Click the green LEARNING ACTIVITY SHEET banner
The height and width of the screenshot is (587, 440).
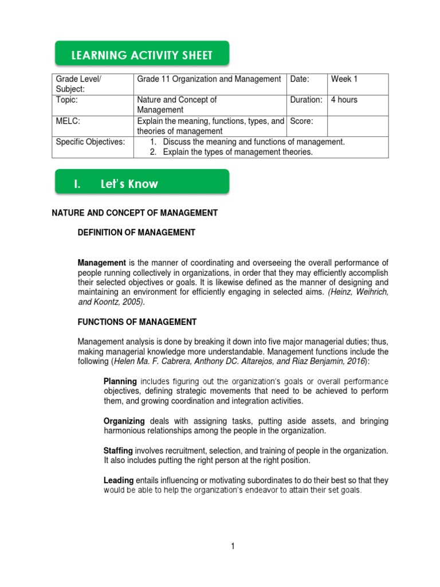(142, 55)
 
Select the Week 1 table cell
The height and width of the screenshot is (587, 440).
(344, 79)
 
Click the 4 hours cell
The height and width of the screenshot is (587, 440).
(344, 100)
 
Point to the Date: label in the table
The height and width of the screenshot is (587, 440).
(300, 79)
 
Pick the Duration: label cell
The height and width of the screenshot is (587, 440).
(306, 100)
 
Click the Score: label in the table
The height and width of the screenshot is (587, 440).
(302, 121)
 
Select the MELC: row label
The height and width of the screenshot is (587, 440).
(67, 121)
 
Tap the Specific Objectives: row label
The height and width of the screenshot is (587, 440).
(90, 142)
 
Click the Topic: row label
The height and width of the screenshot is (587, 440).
(66, 100)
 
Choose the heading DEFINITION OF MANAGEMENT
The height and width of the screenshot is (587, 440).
(136, 232)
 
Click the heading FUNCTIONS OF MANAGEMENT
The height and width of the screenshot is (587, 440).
(137, 322)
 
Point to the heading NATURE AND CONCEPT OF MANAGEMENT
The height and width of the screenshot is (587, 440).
(135, 213)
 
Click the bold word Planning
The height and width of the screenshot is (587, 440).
(120, 381)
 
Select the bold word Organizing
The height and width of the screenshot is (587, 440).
(124, 421)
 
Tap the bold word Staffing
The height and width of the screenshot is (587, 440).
(118, 450)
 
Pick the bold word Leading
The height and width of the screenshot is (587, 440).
(118, 480)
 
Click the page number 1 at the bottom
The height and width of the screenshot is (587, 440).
(233, 546)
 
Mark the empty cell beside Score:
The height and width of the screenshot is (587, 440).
(357, 126)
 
